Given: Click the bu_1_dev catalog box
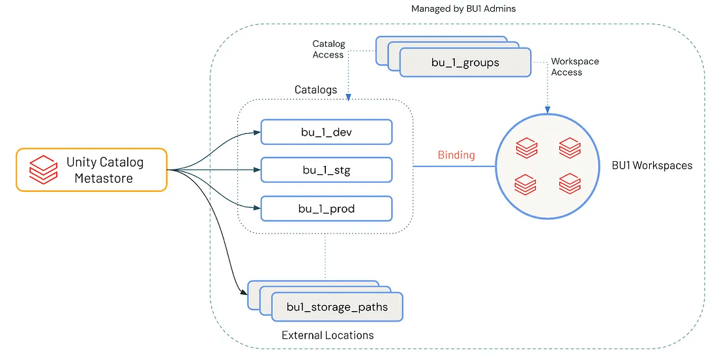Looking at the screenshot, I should tap(326, 132).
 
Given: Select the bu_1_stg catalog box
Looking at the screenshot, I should tap(326, 170).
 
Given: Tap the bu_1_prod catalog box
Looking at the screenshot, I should tap(326, 208).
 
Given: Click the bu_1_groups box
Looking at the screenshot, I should tap(465, 63).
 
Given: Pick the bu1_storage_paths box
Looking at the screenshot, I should tap(337, 307).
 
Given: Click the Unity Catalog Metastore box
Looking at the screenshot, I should tap(91, 170).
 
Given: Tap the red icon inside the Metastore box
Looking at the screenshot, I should tap(44, 170).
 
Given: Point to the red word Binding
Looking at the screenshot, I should tap(456, 155).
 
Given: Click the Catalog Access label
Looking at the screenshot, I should tap(328, 50).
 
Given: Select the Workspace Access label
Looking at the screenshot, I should tap(574, 67).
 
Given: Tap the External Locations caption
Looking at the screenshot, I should tap(327, 335).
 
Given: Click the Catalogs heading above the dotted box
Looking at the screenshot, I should tap(316, 89).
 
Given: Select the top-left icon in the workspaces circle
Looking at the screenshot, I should tap(527, 148).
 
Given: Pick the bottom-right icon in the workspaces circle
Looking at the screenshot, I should tap(569, 183).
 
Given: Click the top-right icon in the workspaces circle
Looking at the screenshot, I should tap(569, 147).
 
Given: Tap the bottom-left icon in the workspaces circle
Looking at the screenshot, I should tap(526, 184).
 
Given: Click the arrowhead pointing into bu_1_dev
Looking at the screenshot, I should tap(257, 132).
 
